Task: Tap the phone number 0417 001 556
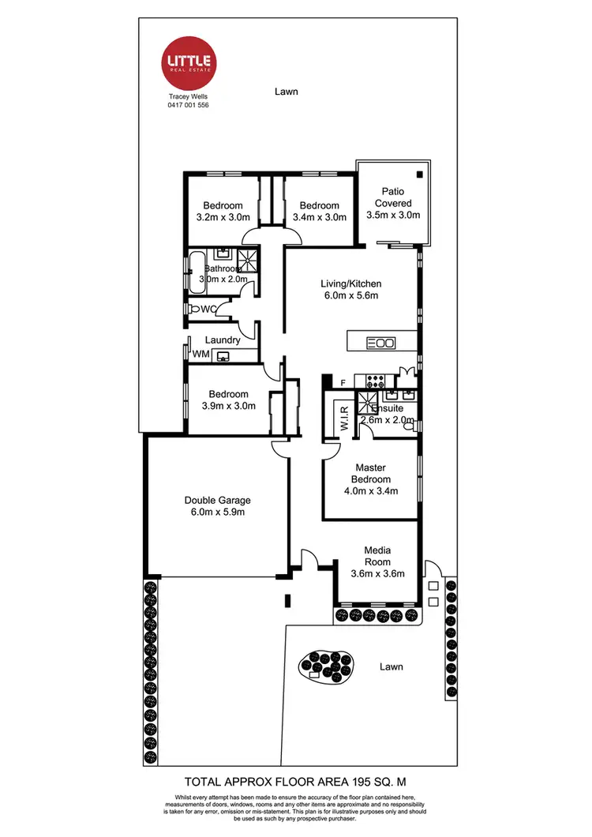[188, 104]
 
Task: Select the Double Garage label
[217, 500]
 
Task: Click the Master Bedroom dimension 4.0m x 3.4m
[370, 490]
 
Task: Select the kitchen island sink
[382, 343]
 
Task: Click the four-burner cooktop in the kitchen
[369, 380]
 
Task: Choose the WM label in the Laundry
[201, 355]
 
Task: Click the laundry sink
[224, 355]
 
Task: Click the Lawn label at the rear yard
[287, 92]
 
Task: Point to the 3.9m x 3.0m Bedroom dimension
[228, 406]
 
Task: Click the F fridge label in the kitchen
[343, 384]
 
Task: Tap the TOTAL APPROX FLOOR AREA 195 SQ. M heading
[295, 778]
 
